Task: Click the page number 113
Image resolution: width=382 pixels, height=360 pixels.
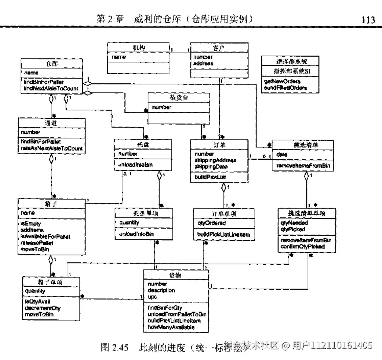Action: tap(368, 20)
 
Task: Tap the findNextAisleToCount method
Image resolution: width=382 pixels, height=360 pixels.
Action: tap(51, 88)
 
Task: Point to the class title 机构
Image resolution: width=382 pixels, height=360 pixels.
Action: tap(139, 48)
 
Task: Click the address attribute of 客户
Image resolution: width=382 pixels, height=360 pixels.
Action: tap(203, 64)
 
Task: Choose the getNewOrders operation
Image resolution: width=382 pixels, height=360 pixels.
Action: tap(282, 82)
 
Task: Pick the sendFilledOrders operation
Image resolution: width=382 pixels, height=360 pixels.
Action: tap(285, 88)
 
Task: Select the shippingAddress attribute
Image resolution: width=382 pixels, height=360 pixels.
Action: tap(215, 160)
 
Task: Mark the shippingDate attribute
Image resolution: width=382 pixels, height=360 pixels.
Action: tap(211, 166)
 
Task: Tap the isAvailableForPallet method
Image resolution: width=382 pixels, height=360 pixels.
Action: tap(45, 236)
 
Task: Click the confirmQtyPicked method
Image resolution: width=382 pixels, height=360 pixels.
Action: tap(302, 246)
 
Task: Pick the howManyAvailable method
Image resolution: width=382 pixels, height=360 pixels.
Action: tap(171, 327)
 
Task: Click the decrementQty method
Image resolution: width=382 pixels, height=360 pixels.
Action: tap(42, 308)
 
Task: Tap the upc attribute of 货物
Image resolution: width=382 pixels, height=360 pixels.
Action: tap(152, 297)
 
